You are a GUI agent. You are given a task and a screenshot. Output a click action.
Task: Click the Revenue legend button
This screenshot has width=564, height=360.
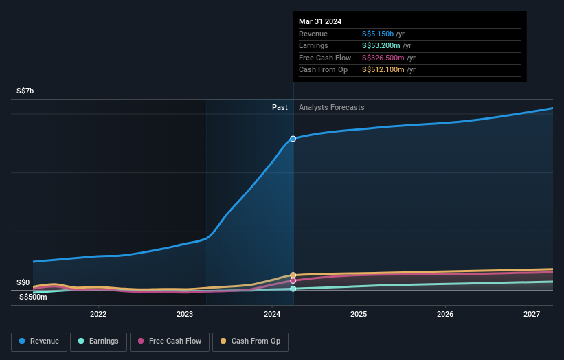39,341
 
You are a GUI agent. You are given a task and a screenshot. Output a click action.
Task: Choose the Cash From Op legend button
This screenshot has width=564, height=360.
250,341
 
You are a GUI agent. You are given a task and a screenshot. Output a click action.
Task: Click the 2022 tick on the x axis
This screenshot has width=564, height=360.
98,314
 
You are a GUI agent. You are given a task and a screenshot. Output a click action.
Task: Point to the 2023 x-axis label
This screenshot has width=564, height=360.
185,314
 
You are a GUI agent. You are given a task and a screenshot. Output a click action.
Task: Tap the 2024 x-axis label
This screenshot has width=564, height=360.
271,314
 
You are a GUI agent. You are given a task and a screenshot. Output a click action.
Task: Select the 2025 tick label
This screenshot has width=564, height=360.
358,314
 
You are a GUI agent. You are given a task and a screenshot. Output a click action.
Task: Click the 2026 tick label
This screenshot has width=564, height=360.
444,314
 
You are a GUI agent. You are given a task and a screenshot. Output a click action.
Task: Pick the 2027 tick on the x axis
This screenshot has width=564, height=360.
531,314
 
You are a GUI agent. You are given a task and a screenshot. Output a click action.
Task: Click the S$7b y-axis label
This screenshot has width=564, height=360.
25,91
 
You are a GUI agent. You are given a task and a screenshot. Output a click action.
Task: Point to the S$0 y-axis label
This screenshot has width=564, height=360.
23,282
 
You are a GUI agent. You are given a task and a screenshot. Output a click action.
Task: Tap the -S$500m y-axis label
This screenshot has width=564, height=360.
32,297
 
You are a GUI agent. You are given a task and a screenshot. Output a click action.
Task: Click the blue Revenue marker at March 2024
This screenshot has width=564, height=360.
293,139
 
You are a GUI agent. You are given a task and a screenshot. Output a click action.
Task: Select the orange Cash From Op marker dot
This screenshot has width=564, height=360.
293,275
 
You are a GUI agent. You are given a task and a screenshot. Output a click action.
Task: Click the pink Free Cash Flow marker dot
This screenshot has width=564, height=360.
293,280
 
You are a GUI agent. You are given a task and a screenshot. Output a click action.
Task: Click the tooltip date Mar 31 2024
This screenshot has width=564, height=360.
320,21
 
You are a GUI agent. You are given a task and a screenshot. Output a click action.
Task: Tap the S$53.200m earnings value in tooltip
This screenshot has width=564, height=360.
383,46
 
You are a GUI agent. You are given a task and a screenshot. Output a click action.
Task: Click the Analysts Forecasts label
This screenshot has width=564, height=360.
331,107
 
